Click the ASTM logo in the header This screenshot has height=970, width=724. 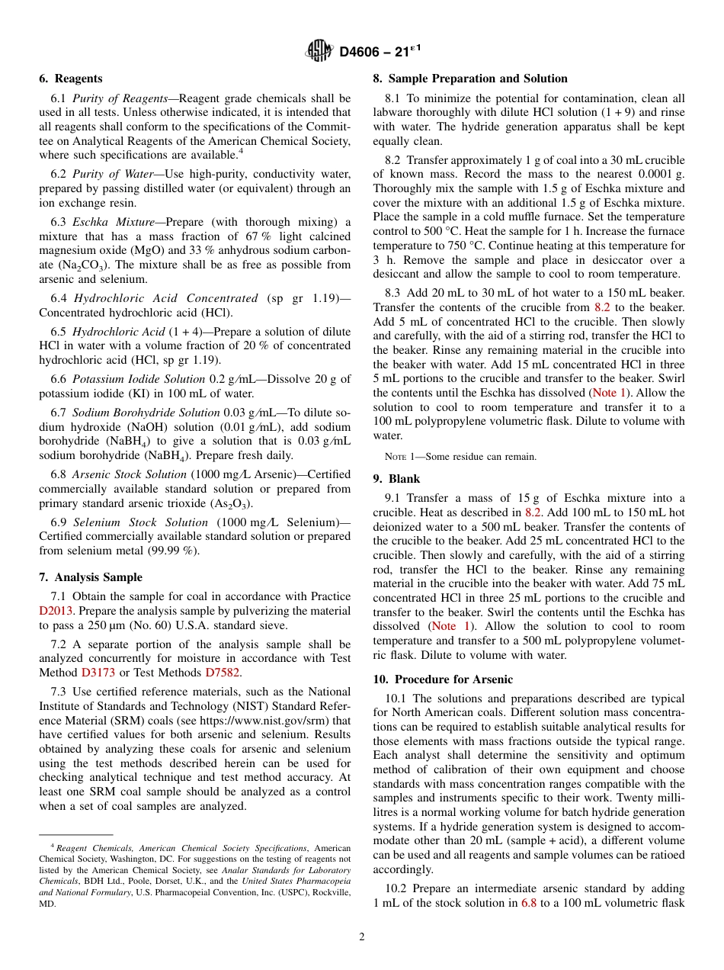point(319,51)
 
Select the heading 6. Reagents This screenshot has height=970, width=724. point(70,79)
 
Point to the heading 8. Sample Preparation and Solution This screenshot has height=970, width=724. point(469,79)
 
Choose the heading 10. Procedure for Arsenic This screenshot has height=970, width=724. point(443,679)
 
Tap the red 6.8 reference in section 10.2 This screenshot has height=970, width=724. point(529,903)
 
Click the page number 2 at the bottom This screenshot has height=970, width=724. point(362,937)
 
